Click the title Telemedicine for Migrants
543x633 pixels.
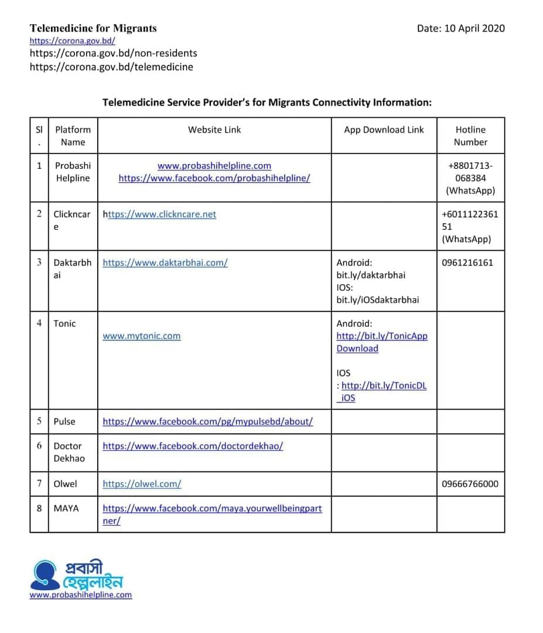pyautogui.click(x=93, y=28)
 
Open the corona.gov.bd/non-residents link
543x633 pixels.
pyautogui.click(x=113, y=53)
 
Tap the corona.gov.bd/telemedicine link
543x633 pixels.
pyautogui.click(x=111, y=66)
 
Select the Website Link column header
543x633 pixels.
pyautogui.click(x=214, y=130)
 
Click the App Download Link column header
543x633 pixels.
pyautogui.click(x=384, y=130)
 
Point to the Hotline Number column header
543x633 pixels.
pyautogui.click(x=470, y=136)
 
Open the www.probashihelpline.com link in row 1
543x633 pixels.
pyautogui.click(x=214, y=165)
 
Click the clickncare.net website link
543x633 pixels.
pyautogui.click(x=161, y=214)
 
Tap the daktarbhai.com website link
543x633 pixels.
pyautogui.click(x=165, y=263)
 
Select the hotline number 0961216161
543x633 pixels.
pyautogui.click(x=467, y=263)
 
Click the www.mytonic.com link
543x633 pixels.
pyautogui.click(x=141, y=336)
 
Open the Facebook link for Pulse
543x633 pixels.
pyautogui.click(x=208, y=421)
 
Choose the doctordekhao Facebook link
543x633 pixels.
pyautogui.click(x=193, y=445)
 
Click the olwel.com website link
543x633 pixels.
pyautogui.click(x=142, y=484)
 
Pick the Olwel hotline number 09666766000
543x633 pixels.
pyautogui.click(x=470, y=484)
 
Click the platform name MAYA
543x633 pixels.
pyautogui.click(x=66, y=508)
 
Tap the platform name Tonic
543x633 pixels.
pyautogui.click(x=65, y=324)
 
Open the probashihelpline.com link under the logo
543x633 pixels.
pyautogui.click(x=80, y=595)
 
